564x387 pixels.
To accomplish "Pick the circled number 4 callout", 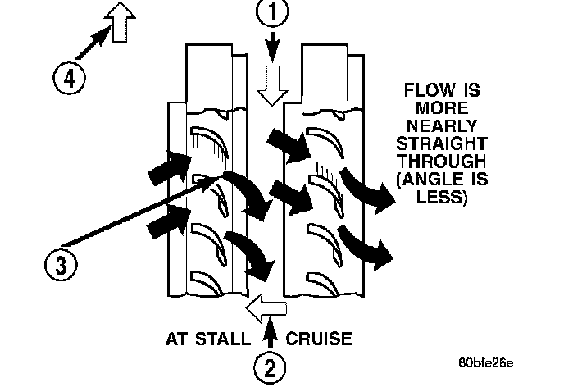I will coord(70,80).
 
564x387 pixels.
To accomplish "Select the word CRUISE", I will coord(319,336).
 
